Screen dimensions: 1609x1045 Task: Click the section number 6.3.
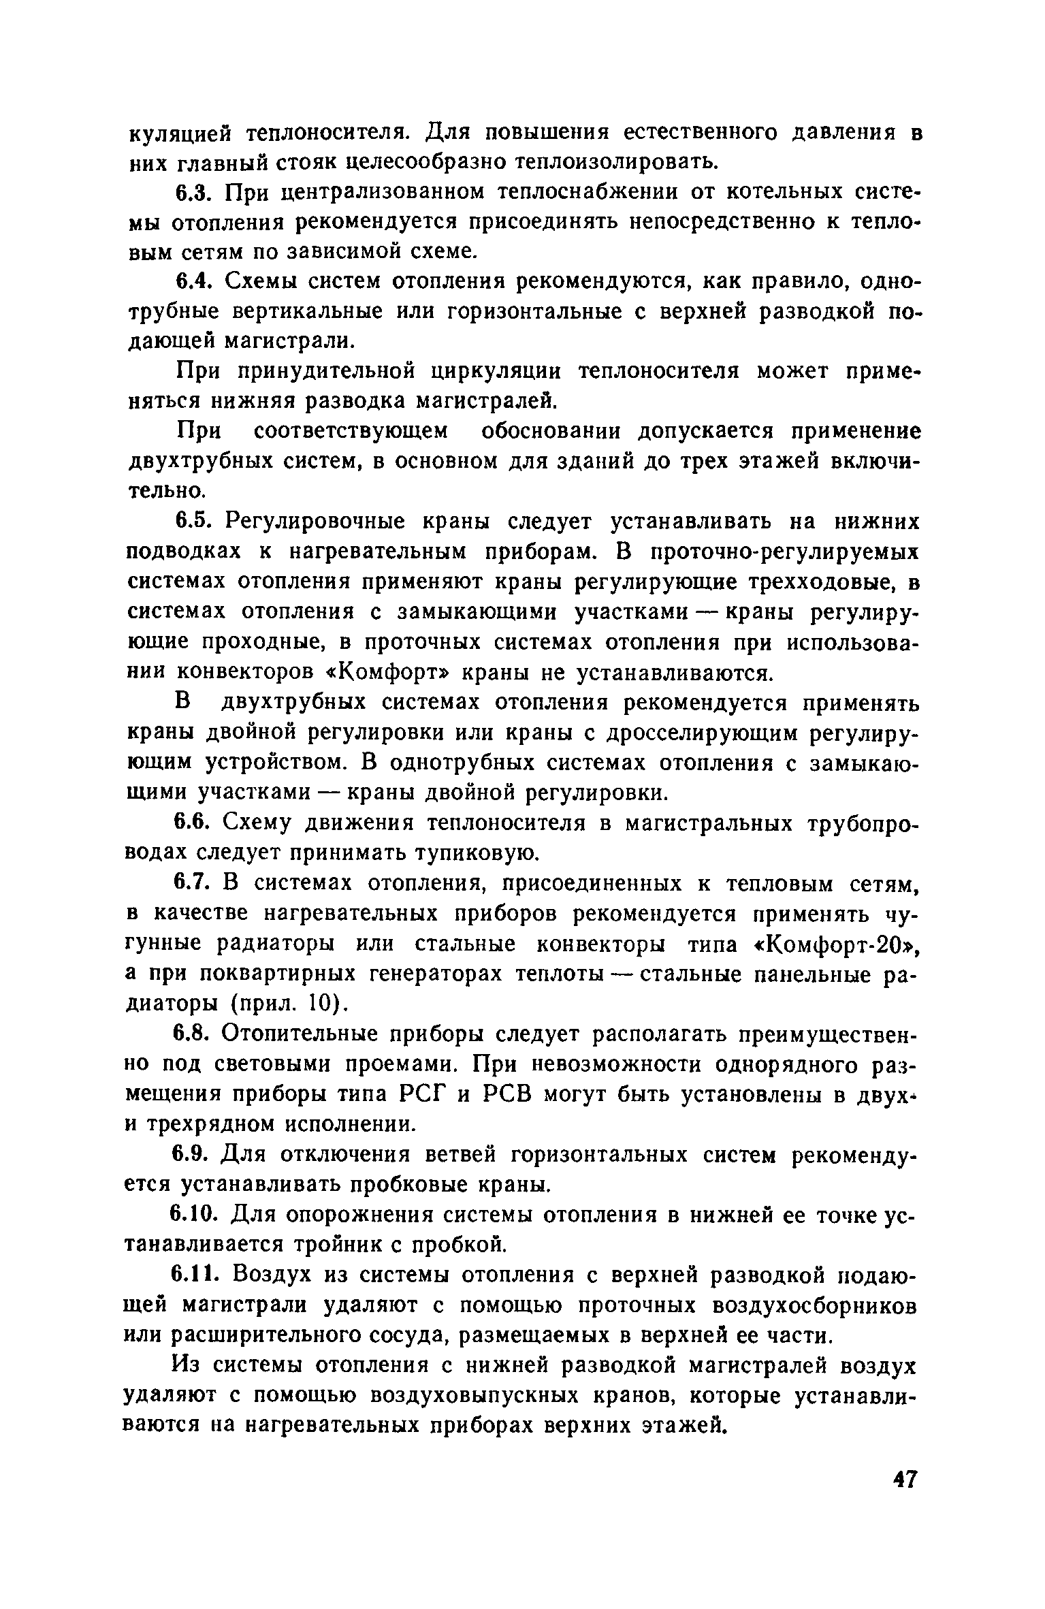[x=196, y=193]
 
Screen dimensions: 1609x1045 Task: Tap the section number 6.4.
[x=196, y=281]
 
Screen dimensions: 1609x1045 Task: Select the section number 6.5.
[x=196, y=522]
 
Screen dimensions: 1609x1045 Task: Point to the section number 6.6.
[x=196, y=823]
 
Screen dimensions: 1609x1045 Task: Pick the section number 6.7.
[x=196, y=884]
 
